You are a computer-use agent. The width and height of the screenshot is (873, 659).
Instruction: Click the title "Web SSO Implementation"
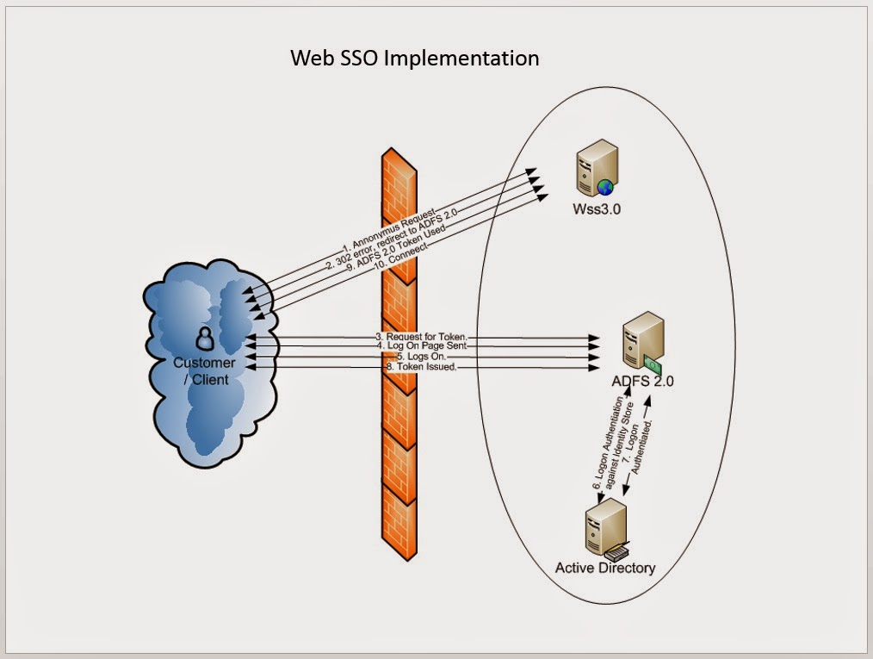(414, 58)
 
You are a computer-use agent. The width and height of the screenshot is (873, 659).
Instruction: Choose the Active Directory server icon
(606, 530)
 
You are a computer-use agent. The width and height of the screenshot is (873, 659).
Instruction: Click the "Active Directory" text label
(604, 568)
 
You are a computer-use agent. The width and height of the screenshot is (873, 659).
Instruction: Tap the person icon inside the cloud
(204, 338)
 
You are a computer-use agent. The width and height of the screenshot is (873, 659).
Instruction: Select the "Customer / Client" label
(204, 370)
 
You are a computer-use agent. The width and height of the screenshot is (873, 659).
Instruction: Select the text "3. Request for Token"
(422, 336)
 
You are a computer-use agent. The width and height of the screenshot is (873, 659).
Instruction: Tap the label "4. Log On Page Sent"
(422, 345)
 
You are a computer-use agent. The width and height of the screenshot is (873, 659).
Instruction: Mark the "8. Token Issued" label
(421, 366)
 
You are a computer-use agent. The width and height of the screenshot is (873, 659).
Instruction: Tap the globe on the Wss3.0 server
(605, 185)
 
